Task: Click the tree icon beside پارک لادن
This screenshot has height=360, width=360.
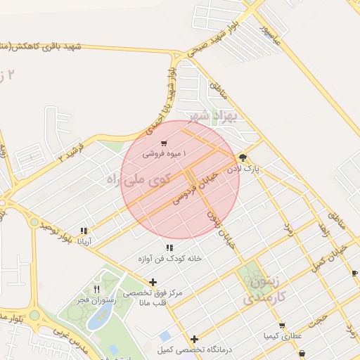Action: pyautogui.click(x=243, y=157)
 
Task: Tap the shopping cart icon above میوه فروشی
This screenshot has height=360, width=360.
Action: pyautogui.click(x=163, y=143)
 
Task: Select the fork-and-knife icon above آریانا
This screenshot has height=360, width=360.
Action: pyautogui.click(x=84, y=231)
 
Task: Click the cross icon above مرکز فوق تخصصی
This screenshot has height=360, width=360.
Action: pyautogui.click(x=153, y=282)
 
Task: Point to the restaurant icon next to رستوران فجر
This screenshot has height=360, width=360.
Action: pyautogui.click(x=97, y=289)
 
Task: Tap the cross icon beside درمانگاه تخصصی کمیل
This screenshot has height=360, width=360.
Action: pyautogui.click(x=195, y=339)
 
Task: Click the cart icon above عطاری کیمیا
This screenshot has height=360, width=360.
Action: pyautogui.click(x=282, y=326)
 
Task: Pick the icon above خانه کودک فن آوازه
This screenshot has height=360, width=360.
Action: pyautogui.click(x=169, y=247)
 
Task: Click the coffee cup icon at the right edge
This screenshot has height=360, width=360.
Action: pyautogui.click(x=354, y=273)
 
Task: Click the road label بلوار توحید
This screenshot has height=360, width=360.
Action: pyautogui.click(x=57, y=233)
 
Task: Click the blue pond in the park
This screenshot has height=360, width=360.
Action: pyautogui.click(x=94, y=319)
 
